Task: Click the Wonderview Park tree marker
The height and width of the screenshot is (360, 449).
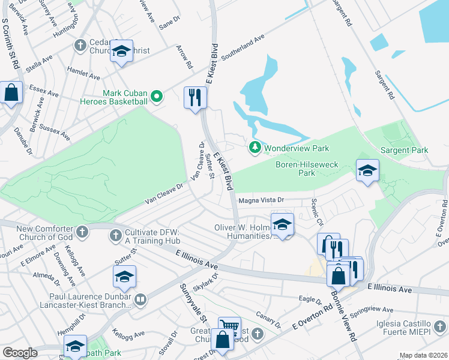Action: tap(255, 147)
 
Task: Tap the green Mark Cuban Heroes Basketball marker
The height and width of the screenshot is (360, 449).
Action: tap(157, 96)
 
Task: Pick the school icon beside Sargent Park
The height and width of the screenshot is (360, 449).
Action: tap(367, 171)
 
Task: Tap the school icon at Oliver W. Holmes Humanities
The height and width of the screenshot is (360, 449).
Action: tap(282, 224)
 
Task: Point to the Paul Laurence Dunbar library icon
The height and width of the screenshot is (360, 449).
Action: tap(140, 299)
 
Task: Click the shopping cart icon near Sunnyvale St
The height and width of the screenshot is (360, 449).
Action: tap(229, 327)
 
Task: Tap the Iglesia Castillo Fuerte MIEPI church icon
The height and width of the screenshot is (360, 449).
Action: tap(440, 327)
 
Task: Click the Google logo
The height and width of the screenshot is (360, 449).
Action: tap(20, 353)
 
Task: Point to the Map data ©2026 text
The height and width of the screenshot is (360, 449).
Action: tap(423, 355)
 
